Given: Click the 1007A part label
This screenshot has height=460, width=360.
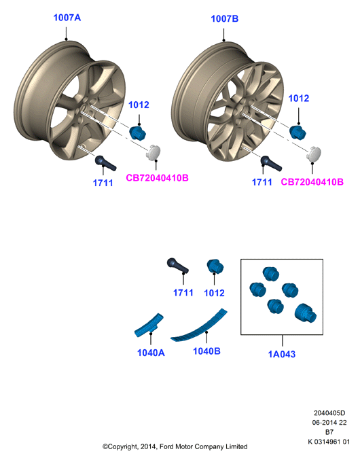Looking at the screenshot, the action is click(x=67, y=18).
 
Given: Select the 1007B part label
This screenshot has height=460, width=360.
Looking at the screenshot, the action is click(x=225, y=19).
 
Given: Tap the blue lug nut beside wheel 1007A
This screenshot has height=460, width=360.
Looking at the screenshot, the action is click(x=137, y=132).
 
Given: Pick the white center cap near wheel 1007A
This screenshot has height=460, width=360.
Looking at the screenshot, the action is click(x=154, y=152).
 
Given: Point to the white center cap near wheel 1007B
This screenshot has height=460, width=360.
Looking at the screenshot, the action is click(x=314, y=154).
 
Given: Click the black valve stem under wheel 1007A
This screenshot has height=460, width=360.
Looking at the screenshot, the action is click(x=105, y=163).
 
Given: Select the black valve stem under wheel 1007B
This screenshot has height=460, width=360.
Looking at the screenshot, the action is click(x=271, y=163).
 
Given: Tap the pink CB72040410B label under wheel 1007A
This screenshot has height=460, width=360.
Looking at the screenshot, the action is click(x=157, y=178).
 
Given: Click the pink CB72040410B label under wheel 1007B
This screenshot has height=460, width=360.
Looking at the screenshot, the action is click(x=312, y=182).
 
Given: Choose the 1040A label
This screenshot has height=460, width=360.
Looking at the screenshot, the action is click(x=151, y=353).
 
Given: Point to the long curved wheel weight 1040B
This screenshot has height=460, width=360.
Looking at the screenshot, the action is click(x=199, y=326).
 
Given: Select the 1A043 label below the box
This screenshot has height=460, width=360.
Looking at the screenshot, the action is click(x=282, y=354).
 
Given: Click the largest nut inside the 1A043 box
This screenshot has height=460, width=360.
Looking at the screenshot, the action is click(x=306, y=314).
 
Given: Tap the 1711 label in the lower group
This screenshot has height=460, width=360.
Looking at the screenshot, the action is click(x=183, y=292).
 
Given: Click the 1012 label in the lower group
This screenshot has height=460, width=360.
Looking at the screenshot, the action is click(x=214, y=293).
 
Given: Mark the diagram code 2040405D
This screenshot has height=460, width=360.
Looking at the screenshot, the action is click(x=329, y=412).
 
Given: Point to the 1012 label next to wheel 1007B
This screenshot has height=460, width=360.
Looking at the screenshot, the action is click(x=299, y=99).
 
